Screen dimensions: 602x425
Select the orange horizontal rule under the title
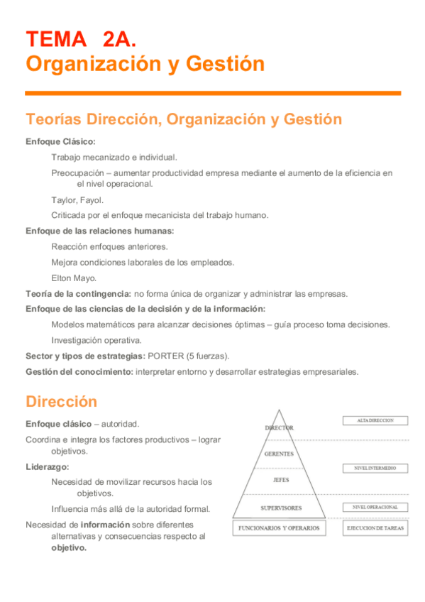tap(213, 93)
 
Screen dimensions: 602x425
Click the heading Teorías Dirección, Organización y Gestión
tap(183, 119)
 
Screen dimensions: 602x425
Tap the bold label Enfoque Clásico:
tap(60, 141)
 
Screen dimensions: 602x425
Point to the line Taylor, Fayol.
tap(77, 199)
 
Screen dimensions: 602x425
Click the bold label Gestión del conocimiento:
tap(79, 371)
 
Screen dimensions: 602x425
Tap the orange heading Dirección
tap(61, 402)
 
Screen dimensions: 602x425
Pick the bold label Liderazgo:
tap(48, 466)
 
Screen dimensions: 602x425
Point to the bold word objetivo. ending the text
tap(69, 547)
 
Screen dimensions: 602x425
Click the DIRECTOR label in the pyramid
tap(279, 428)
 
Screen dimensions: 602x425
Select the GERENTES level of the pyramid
tap(279, 454)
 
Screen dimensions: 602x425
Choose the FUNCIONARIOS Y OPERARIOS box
tap(279, 528)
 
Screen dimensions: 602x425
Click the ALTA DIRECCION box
tap(376, 420)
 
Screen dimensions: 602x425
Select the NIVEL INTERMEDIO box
tap(375, 469)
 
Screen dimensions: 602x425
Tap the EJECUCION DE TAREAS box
tap(375, 528)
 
